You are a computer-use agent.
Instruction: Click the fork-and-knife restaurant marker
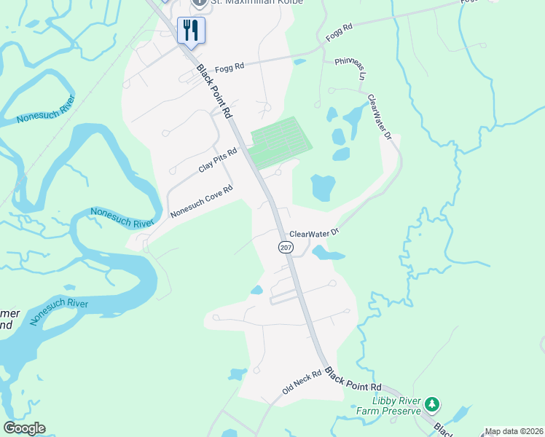point(191,31)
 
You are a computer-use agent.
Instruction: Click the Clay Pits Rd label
point(218,161)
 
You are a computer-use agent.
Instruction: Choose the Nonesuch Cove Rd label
point(201,201)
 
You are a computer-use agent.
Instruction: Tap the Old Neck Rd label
point(302,383)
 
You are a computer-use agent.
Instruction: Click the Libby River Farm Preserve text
point(397,406)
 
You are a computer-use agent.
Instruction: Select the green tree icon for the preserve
point(432,403)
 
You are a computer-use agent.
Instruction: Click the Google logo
point(24,428)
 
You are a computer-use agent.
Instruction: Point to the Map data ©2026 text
point(514,431)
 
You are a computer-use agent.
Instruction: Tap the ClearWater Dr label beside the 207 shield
point(315,234)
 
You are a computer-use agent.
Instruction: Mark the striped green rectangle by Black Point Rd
point(281,141)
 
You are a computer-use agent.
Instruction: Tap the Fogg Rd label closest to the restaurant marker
point(230,64)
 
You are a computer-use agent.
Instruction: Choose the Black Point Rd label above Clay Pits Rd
point(214,92)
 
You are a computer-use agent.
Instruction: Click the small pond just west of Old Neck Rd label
point(236,374)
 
